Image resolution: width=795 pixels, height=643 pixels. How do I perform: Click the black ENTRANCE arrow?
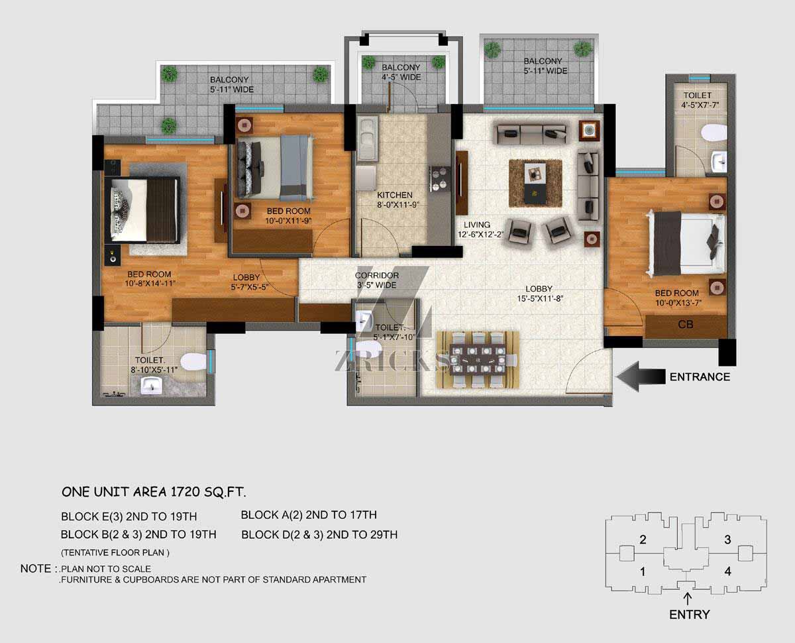(x=641, y=377)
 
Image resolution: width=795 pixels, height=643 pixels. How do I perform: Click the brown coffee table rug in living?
(x=535, y=183)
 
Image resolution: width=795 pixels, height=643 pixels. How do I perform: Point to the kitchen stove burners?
(x=439, y=178)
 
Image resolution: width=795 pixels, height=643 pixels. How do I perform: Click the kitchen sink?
(x=367, y=139)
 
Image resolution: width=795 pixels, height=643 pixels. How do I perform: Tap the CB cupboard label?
(x=685, y=325)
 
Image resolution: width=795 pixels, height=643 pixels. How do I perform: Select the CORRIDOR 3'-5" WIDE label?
(x=376, y=280)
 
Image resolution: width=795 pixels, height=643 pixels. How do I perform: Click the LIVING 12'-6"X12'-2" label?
(x=481, y=229)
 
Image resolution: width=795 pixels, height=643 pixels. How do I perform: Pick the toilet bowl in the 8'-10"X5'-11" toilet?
(x=193, y=362)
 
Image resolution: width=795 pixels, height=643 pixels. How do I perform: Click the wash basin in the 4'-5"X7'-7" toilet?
(x=719, y=161)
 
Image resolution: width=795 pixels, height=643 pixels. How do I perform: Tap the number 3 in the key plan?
(x=727, y=540)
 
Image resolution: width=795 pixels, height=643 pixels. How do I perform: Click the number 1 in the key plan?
(x=643, y=571)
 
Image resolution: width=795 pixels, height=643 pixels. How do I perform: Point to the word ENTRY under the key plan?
(x=690, y=614)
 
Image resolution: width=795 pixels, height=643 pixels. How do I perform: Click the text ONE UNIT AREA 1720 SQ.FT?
(x=154, y=492)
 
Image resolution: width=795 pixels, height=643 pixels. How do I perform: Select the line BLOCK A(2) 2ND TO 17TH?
(x=309, y=515)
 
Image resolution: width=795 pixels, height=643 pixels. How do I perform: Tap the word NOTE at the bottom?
(x=36, y=569)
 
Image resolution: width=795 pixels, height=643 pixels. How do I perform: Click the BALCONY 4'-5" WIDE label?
(x=401, y=72)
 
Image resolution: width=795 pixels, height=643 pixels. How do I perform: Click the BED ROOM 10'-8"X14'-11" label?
(x=150, y=279)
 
